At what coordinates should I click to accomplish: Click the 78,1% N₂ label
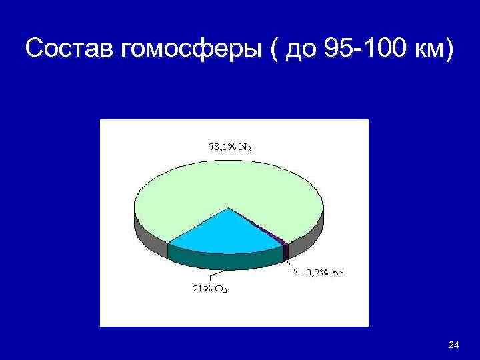[231, 148]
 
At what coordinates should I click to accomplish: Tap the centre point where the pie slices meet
[229, 209]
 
